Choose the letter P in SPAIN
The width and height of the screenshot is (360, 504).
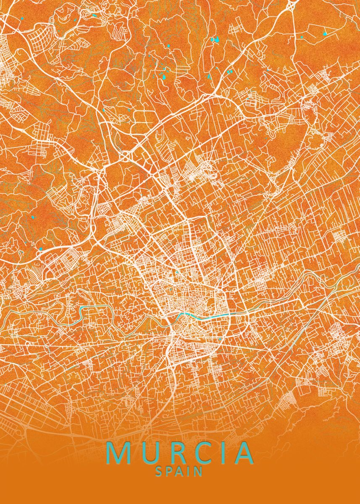[170, 472]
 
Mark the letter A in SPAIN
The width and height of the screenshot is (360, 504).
[180, 472]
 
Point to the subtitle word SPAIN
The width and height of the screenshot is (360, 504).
[179, 472]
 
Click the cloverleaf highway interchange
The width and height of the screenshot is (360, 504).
[125, 157]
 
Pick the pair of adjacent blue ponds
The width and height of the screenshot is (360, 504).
[215, 40]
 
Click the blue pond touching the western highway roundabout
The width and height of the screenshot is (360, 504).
[41, 249]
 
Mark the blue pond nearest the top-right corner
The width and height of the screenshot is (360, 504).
[324, 33]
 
